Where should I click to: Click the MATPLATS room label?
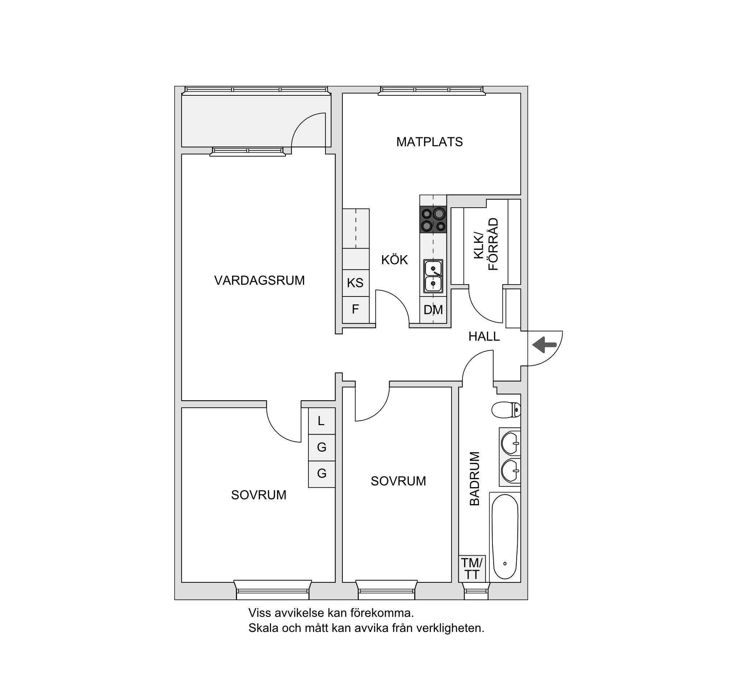click(x=429, y=142)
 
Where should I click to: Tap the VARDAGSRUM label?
click(x=259, y=280)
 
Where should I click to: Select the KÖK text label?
click(x=395, y=260)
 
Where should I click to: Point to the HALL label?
click(x=484, y=336)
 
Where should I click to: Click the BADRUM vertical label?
click(x=474, y=478)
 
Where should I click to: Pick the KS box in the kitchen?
click(x=355, y=283)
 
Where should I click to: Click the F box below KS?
click(x=355, y=310)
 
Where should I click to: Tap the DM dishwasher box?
click(x=433, y=310)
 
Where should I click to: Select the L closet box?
click(x=322, y=421)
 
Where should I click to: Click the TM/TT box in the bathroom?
click(x=472, y=569)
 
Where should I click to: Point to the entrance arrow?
click(x=545, y=345)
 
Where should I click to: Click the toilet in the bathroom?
click(x=506, y=410)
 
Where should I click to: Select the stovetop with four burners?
click(x=433, y=219)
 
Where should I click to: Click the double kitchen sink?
click(x=433, y=276)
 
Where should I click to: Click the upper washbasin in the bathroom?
click(x=511, y=443)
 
